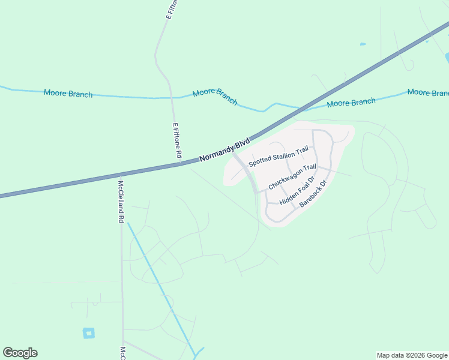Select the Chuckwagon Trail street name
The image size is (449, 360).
coord(292,178)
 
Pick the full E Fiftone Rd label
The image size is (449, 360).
coord(176,141)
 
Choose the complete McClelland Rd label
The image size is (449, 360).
coord(121,202)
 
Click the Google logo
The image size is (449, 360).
coord(20,353)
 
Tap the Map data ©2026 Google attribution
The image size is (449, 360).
coord(412,355)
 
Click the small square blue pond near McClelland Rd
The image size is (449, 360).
coord(89,332)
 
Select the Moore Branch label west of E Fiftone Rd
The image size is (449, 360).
coord(68,94)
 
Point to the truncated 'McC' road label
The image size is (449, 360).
coord(122,353)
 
